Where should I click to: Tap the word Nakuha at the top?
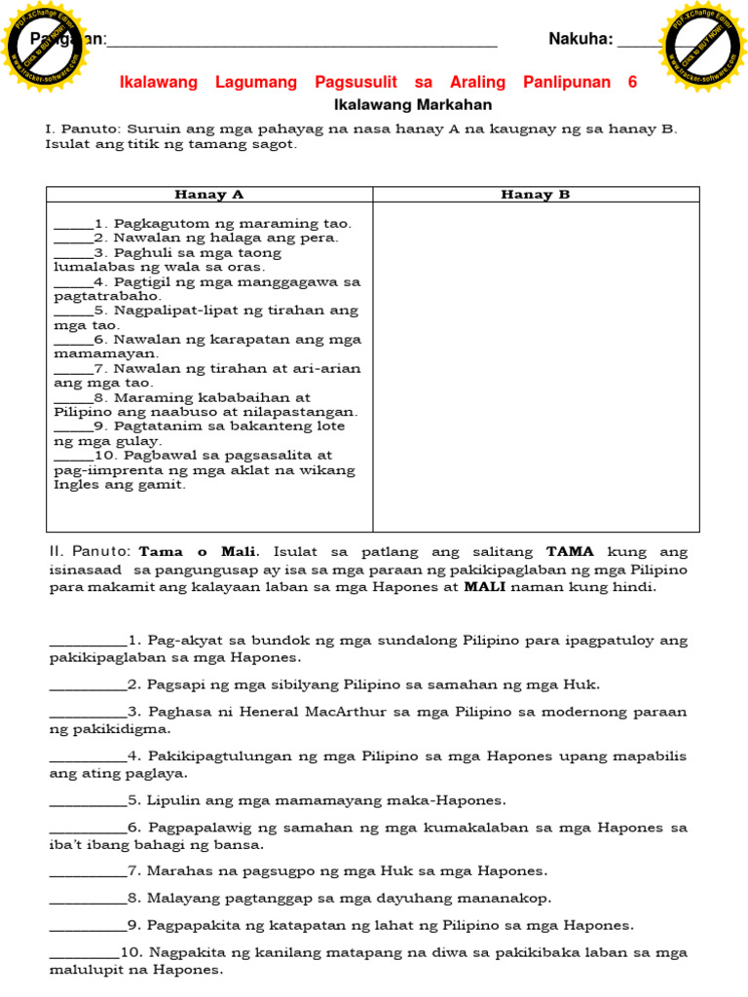coord(580,39)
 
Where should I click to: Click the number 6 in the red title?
coord(632,83)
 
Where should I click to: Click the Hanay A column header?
coord(208,195)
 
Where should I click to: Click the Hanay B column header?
coord(535,195)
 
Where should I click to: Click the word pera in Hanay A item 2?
coord(321,238)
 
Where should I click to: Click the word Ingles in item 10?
coord(76,484)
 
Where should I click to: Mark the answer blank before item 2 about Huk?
coord(87,685)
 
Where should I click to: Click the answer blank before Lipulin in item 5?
coord(87,800)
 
